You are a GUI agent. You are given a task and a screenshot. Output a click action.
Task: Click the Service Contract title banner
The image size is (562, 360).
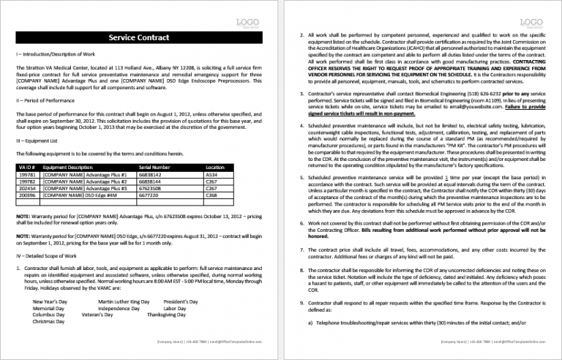tap(139, 37)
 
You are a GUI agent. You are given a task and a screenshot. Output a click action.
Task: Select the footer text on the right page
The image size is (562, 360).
tap(492, 342)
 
